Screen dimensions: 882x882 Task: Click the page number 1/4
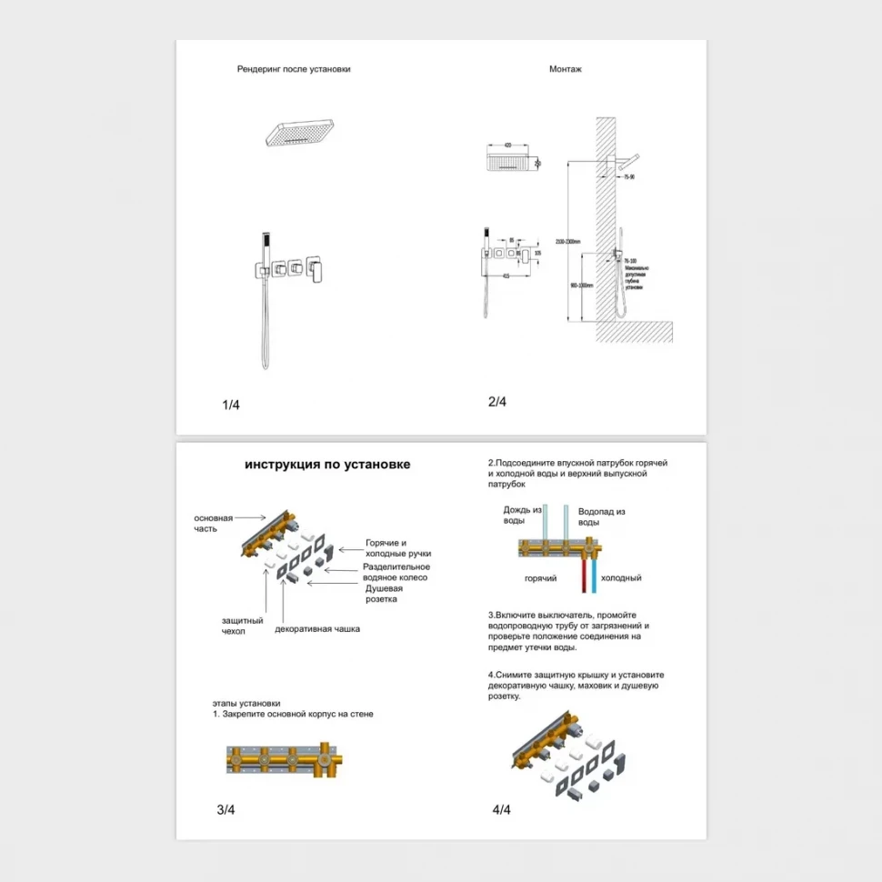point(230,405)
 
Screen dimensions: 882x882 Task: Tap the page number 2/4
point(496,402)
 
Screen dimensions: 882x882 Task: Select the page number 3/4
point(226,809)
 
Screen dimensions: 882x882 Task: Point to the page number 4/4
point(501,809)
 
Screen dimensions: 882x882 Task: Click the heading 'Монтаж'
point(566,69)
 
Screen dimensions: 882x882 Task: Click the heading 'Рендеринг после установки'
point(294,69)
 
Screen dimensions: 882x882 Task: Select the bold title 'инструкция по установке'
point(327,465)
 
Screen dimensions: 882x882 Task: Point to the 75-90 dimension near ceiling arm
point(628,177)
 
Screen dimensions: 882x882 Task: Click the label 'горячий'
point(541,578)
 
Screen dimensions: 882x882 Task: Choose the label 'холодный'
point(622,578)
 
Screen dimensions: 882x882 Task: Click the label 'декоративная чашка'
point(317,628)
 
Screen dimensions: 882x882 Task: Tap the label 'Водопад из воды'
point(602,517)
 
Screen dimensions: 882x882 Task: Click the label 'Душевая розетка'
point(385,594)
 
